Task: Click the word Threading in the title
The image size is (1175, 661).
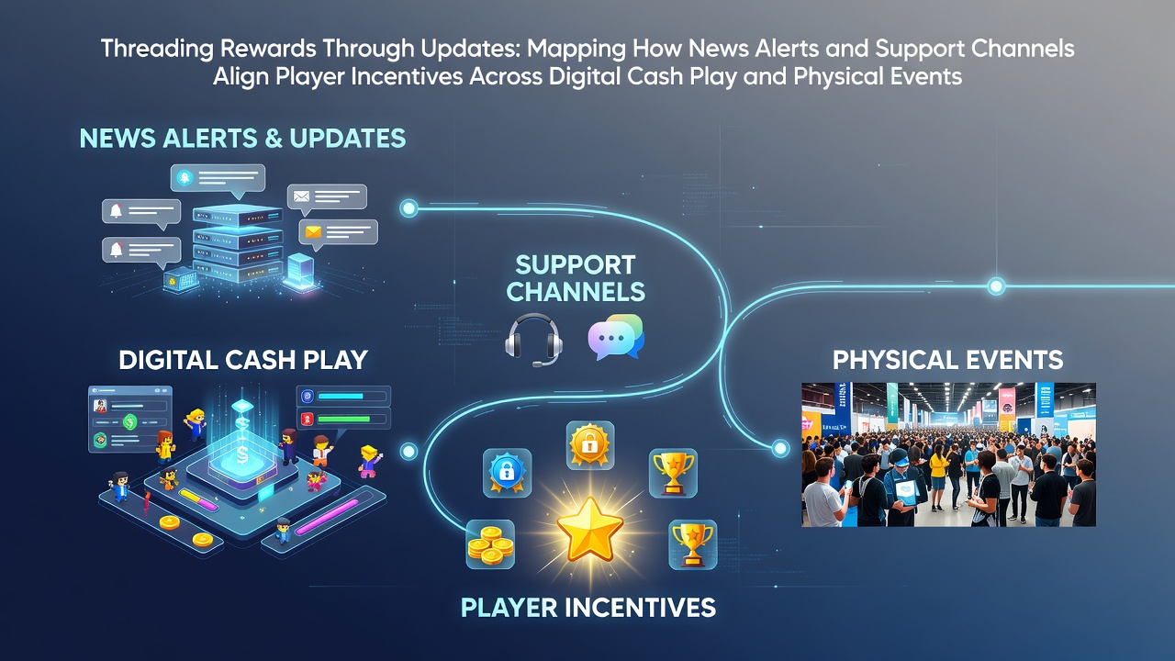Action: [x=157, y=49]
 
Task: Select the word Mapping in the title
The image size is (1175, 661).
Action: [x=576, y=49]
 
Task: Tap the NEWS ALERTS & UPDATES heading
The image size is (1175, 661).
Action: [x=242, y=138]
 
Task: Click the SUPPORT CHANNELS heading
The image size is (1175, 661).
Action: [x=576, y=278]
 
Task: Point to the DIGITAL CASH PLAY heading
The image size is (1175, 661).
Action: [x=243, y=360]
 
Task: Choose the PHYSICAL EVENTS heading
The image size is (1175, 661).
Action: [x=948, y=360]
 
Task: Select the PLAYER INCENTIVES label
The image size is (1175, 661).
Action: [x=588, y=608]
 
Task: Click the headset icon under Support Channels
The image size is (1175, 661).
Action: [x=533, y=340]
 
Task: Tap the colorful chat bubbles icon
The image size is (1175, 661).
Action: [x=616, y=337]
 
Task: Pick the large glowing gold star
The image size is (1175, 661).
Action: [x=590, y=530]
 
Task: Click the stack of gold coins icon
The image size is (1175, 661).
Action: [x=490, y=544]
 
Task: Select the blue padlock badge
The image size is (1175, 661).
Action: [x=507, y=472]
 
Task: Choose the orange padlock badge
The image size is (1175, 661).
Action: [x=590, y=445]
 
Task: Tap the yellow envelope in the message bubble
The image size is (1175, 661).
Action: [x=313, y=231]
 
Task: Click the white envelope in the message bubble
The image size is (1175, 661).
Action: [x=301, y=196]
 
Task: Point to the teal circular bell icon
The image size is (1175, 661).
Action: [x=185, y=178]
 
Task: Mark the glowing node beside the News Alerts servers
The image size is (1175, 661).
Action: [x=408, y=208]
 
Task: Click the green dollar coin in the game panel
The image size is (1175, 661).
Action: [x=129, y=420]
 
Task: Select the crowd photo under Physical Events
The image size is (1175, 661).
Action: [x=948, y=454]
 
